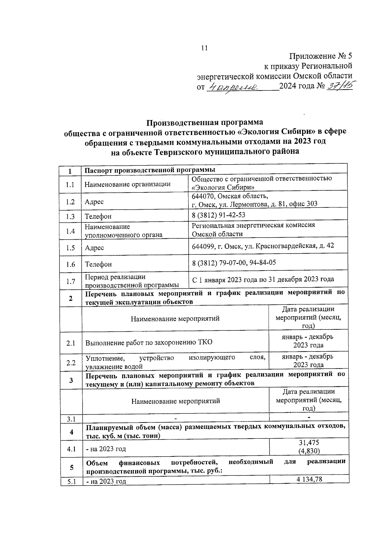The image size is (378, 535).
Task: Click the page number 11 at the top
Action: coord(204,48)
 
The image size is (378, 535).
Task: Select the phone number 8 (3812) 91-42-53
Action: coord(219,215)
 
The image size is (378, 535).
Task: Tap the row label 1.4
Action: coord(71,231)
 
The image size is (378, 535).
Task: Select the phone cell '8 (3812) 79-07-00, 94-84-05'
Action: coord(234,262)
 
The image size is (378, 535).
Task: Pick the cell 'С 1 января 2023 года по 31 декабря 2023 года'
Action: coord(263,279)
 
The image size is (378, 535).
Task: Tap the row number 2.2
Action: coord(71,363)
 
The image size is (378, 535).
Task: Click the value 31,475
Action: coord(309,443)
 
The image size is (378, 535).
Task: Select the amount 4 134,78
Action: coord(309,479)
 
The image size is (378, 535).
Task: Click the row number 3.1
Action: coord(71,419)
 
